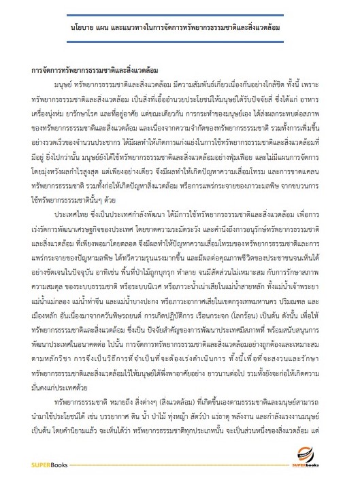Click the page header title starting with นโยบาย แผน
tap(180, 31)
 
